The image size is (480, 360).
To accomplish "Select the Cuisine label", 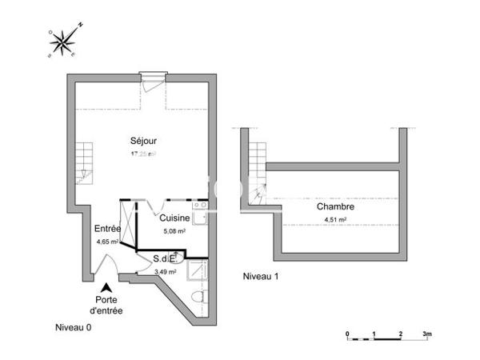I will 174,218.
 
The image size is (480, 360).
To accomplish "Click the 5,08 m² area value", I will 174,231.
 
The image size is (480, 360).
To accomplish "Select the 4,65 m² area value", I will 107,241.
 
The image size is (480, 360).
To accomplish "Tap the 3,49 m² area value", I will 166,272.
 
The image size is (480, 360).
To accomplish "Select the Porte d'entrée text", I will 106,305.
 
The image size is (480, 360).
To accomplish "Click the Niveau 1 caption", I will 262,276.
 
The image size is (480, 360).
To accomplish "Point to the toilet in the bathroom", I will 199,298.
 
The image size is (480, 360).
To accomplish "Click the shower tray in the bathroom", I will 197,272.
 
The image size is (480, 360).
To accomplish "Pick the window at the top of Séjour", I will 151,77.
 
